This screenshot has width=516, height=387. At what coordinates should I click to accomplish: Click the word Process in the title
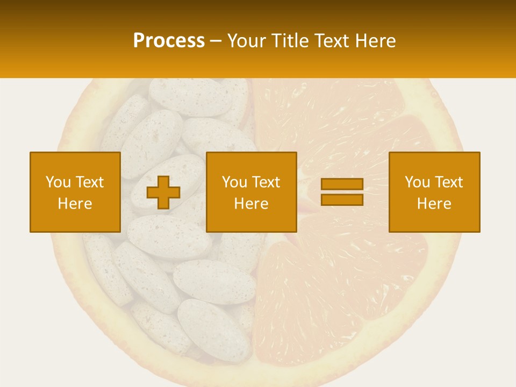pos(169,41)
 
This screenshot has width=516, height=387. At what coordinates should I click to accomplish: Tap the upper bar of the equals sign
pos(342,184)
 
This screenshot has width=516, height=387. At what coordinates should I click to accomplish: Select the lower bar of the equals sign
pos(342,199)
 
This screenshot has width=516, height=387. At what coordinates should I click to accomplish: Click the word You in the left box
pos(58,182)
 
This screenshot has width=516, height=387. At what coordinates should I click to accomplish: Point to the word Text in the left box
pos(89,182)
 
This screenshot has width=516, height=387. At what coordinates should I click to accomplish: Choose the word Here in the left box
pos(75,204)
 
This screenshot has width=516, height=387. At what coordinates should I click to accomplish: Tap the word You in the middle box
pos(234,182)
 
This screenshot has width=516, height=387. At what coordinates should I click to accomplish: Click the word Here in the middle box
pos(251,204)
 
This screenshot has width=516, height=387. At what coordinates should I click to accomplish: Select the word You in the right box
pos(417,182)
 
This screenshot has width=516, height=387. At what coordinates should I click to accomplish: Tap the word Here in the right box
pos(434,204)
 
